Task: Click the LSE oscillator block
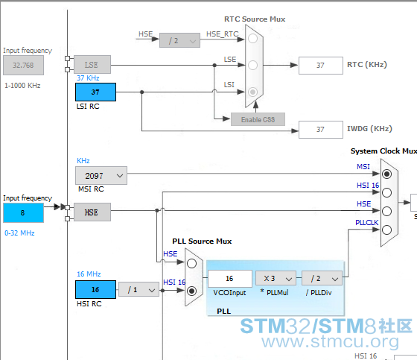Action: (92, 64)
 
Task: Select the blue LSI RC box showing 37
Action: (95, 92)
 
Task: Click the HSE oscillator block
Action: (92, 212)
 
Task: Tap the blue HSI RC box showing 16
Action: (95, 289)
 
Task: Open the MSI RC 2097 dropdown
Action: (101, 175)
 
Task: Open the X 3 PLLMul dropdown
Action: (276, 278)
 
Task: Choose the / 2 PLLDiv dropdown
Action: (322, 278)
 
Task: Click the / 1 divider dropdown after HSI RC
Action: (139, 289)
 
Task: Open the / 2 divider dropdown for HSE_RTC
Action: (179, 40)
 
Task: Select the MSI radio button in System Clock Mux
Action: (386, 174)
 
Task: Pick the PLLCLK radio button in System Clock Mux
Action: (386, 230)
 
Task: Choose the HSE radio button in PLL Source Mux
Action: (191, 263)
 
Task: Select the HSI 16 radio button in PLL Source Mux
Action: (191, 291)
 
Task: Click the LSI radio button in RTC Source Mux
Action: (252, 92)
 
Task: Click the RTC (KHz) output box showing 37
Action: (321, 66)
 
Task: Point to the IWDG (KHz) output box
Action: (321, 130)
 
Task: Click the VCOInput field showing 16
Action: (230, 279)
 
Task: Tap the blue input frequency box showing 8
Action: (23, 212)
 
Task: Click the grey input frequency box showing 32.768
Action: (23, 66)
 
